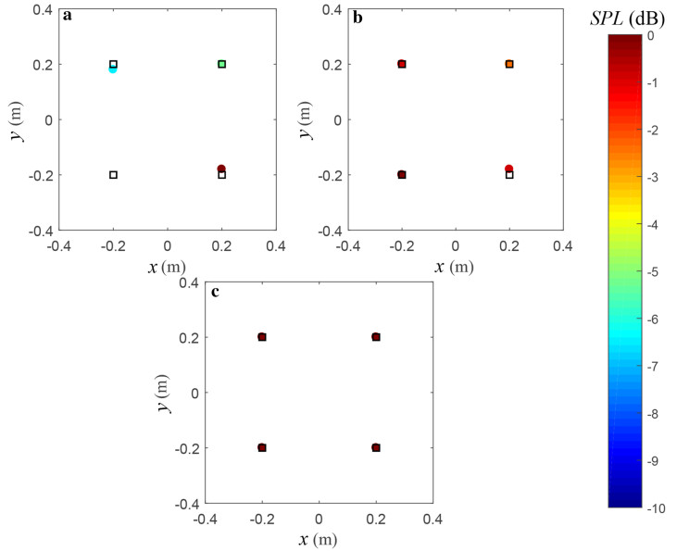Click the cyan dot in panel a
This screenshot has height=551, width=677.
(x=113, y=69)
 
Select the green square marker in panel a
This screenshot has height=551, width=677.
(x=222, y=64)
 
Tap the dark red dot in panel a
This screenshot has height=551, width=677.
(x=221, y=169)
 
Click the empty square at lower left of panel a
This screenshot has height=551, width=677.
(x=113, y=174)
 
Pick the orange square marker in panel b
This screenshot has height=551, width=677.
(x=509, y=64)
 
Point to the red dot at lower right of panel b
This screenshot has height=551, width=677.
(x=509, y=169)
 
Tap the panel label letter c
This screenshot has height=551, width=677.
(x=215, y=294)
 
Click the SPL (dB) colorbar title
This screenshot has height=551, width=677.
(x=638, y=16)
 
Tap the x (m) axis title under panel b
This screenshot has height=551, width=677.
(x=455, y=267)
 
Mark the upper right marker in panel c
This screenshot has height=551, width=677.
(x=376, y=337)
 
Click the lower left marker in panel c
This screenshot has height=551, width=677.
(x=262, y=447)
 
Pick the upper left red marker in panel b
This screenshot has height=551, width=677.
(x=402, y=64)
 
